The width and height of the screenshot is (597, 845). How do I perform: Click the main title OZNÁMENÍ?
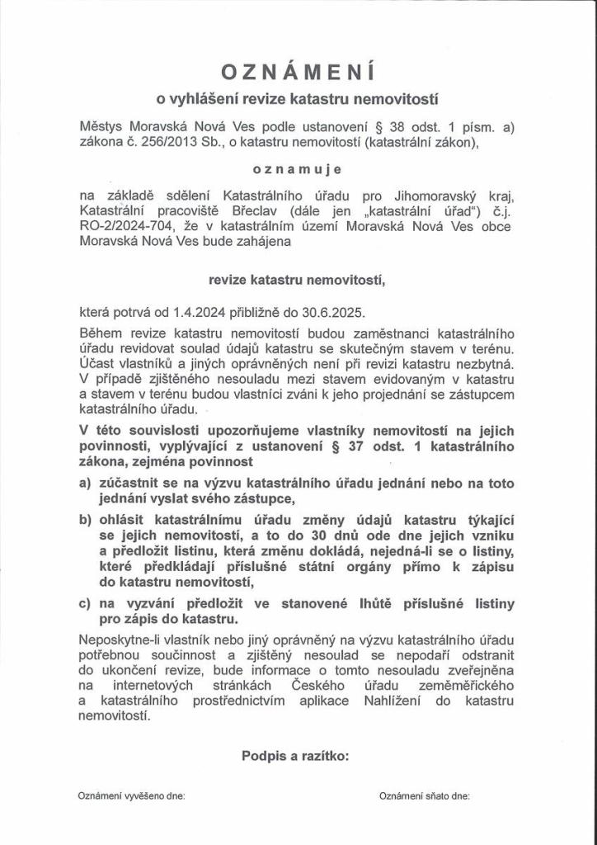[298, 73]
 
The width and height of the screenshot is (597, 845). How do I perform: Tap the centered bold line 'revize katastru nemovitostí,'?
[298, 280]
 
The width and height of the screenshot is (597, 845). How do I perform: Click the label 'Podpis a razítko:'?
[296, 755]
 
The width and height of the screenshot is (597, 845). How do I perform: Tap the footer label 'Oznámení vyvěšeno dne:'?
[132, 796]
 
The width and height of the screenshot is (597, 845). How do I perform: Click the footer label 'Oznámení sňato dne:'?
[425, 796]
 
